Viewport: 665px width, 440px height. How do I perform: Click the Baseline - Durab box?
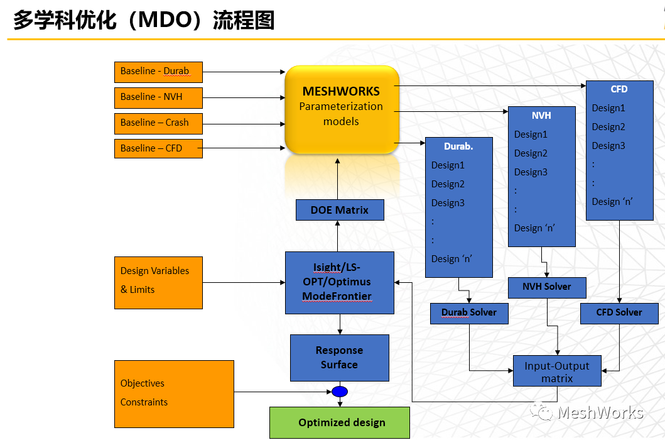(158, 72)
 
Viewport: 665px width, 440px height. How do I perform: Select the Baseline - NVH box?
(158, 97)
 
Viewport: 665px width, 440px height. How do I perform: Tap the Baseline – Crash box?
(158, 123)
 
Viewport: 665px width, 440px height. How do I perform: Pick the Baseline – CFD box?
(158, 148)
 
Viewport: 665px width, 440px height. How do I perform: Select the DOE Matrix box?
(340, 210)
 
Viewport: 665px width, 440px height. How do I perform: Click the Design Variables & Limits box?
(158, 282)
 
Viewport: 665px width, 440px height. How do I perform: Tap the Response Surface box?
(339, 358)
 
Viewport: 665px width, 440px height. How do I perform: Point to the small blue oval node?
(340, 392)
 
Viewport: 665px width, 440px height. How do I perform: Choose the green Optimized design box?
(339, 422)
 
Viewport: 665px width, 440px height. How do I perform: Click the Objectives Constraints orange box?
(174, 393)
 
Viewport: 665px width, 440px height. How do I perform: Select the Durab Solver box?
(469, 313)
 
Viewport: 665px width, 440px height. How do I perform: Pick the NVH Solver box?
(547, 287)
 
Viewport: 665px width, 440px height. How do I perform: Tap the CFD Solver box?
(619, 313)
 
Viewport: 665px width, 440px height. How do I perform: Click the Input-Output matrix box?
(557, 371)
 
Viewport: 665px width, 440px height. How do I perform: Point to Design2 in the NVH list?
(531, 153)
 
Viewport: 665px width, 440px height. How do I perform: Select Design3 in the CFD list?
(608, 146)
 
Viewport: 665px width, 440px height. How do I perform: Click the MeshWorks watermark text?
(600, 412)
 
